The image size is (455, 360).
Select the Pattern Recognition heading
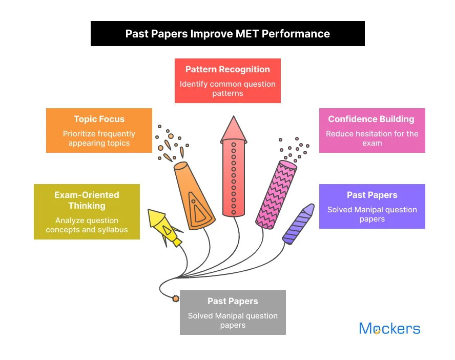point(228,69)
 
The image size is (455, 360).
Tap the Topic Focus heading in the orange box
point(99,119)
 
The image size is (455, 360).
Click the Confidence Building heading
point(371,119)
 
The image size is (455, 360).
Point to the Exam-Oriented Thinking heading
point(87,201)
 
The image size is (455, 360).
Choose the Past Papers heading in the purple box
point(372,195)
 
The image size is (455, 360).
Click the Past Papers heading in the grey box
point(233,301)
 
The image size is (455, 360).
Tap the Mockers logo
point(389,329)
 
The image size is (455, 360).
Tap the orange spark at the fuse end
point(176,298)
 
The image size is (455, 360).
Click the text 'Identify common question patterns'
point(228,89)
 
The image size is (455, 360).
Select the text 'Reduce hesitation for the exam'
point(372,138)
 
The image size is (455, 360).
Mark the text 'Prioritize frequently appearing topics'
point(99,138)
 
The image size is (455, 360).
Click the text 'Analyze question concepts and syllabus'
point(87,225)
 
